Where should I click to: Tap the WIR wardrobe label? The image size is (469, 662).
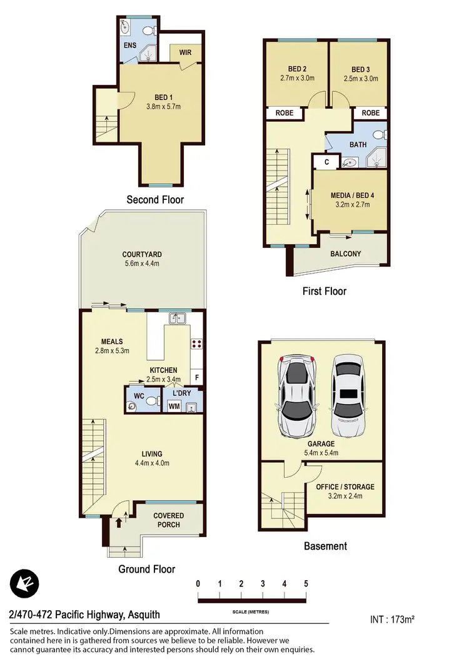pos(185,53)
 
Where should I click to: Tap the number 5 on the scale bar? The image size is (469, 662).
pos(306,583)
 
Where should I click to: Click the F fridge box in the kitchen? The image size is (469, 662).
pos(196,378)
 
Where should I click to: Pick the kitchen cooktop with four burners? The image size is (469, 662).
pos(196,343)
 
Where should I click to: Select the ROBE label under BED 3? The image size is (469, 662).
pos(370,113)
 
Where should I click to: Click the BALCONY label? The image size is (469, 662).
pos(345,254)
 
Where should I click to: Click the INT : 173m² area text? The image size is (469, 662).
pos(393,620)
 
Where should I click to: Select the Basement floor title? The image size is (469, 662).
pos(325,546)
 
